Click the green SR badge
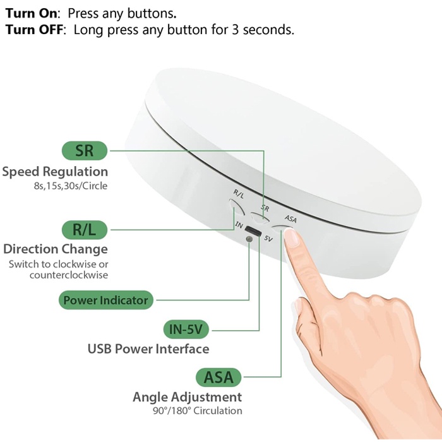[x=85, y=150]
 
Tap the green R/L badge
[x=85, y=229]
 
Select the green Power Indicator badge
[x=105, y=300]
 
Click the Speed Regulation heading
[x=55, y=172]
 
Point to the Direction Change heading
[x=56, y=249]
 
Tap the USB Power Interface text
[x=148, y=349]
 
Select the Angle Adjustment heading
[x=187, y=397]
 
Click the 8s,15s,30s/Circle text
[x=71, y=186]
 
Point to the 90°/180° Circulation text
[x=196, y=411]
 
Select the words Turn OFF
[x=35, y=30]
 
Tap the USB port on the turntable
[x=253, y=231]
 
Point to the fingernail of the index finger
[x=292, y=236]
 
